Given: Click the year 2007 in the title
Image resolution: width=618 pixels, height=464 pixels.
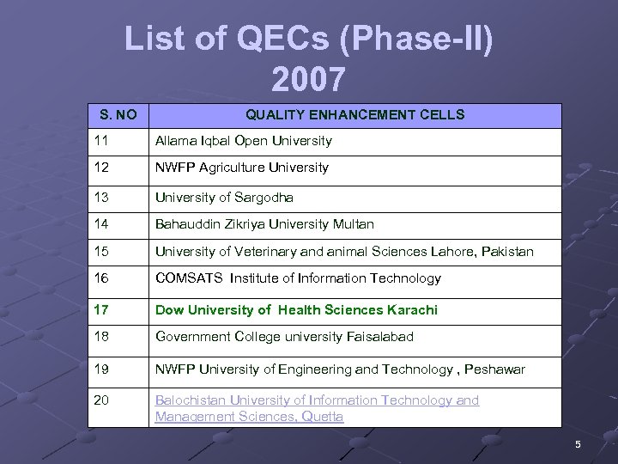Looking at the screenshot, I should click(x=308, y=79).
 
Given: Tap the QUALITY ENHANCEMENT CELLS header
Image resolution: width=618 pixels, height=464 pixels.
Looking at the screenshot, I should click(x=355, y=114).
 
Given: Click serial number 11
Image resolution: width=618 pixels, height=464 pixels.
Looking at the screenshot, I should click(x=102, y=141).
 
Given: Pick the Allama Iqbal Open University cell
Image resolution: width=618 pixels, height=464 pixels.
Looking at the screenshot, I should click(x=243, y=141).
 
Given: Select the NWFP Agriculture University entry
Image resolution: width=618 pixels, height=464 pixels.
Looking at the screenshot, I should click(x=241, y=168).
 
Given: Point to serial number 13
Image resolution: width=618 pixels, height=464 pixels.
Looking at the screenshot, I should click(x=102, y=198).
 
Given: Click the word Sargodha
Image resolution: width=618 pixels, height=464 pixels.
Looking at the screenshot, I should click(x=263, y=198).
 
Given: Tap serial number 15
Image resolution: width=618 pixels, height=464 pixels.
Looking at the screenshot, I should click(x=102, y=252).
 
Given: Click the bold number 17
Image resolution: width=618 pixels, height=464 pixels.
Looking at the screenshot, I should click(x=102, y=309).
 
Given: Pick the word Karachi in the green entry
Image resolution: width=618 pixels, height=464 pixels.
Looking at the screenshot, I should click(x=412, y=309).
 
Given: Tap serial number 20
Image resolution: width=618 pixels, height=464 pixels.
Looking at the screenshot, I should click(x=102, y=400).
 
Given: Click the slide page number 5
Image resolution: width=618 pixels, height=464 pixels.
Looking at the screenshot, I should click(x=578, y=444).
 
